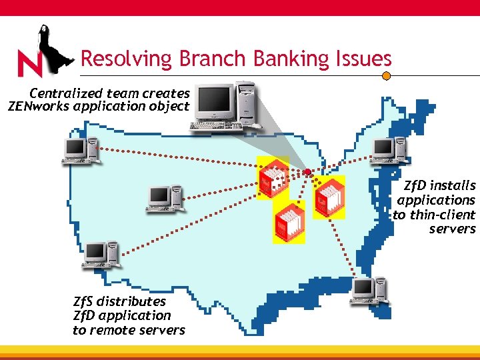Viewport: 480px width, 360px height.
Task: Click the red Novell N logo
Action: (29, 64)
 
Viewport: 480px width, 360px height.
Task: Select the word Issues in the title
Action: (365, 59)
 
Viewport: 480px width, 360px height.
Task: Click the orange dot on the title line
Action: (385, 76)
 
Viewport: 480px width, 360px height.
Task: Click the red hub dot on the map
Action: (307, 172)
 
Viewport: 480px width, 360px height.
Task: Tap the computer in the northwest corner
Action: (80, 151)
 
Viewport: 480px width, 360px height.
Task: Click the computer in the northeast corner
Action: (389, 150)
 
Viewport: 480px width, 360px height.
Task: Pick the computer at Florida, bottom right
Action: (369, 291)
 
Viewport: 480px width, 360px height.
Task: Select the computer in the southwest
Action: (99, 255)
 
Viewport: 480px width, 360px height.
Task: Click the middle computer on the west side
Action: (164, 199)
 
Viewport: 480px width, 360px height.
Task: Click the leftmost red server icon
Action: (273, 177)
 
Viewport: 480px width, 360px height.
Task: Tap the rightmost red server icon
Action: (329, 197)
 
